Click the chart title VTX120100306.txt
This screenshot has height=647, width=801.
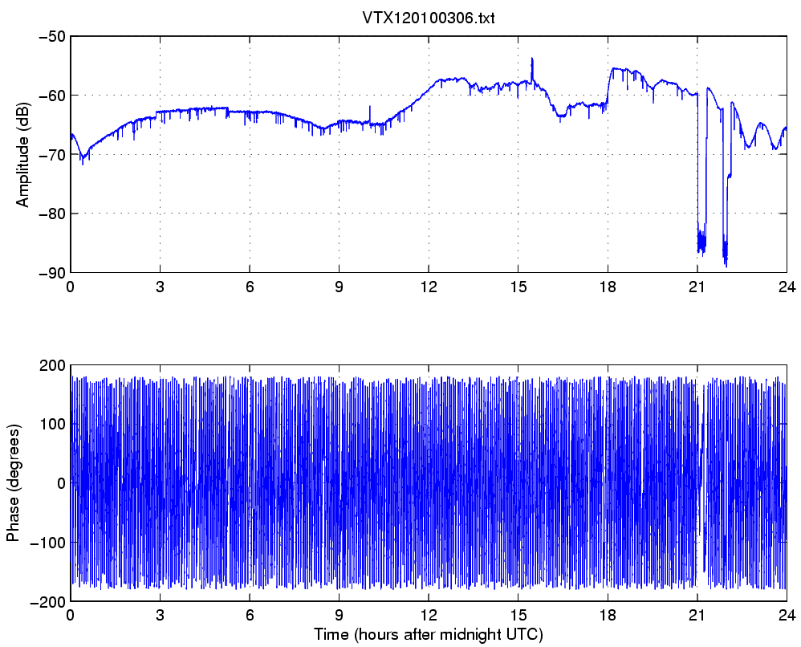tap(428, 18)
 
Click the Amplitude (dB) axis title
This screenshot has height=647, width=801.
tap(22, 155)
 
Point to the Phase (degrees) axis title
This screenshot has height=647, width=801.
tap(12, 482)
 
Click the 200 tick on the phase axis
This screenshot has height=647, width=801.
tap(53, 365)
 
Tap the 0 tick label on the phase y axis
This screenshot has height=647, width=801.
tap(61, 483)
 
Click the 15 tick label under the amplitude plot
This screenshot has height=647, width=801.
tap(518, 287)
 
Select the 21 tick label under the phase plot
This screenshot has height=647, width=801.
tap(697, 616)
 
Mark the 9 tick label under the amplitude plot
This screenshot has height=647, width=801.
tap(340, 287)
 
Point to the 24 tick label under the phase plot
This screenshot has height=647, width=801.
tap(787, 616)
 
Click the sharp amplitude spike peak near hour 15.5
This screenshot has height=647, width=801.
tap(532, 59)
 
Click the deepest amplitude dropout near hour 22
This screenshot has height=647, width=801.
tap(726, 266)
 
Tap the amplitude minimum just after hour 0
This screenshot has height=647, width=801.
tap(83, 163)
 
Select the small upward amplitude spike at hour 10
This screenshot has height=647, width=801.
tap(370, 106)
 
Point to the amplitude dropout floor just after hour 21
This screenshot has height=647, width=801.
tap(701, 242)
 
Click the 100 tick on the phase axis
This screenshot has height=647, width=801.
tap(53, 424)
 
